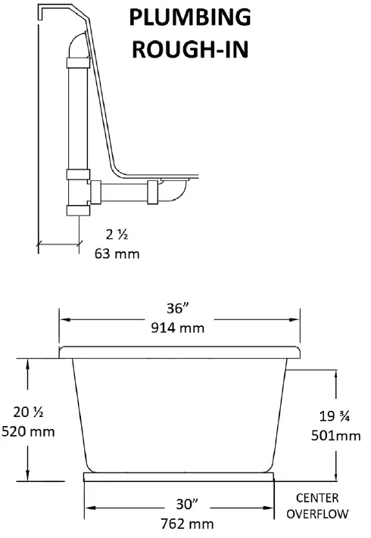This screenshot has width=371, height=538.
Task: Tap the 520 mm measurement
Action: pos(29,431)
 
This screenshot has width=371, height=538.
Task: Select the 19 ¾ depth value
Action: pos(332,415)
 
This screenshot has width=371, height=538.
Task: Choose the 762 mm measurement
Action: pos(179,523)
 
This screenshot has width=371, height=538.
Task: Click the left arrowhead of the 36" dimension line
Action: pos(63,319)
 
